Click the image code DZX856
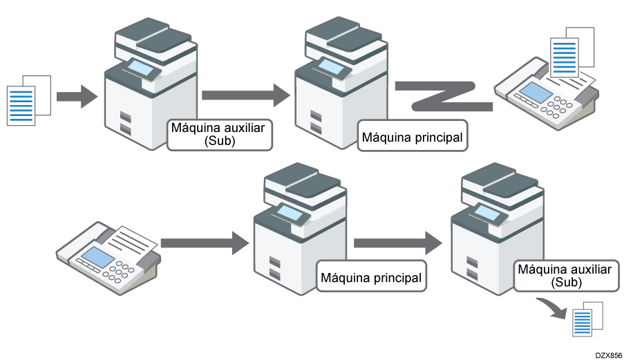tap(608, 353)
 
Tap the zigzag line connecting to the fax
tap(442, 96)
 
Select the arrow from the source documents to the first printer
tap(77, 95)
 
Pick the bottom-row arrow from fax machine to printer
tap(204, 243)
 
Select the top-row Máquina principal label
tap(412, 138)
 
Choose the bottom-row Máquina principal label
tap(370, 278)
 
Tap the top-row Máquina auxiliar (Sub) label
tap(220, 133)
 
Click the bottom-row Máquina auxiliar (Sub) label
tap(564, 275)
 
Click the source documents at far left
tap(28, 100)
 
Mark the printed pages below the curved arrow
tap(587, 319)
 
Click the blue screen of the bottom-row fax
tap(95, 257)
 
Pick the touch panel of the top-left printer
tap(143, 68)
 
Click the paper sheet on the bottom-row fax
tap(135, 240)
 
